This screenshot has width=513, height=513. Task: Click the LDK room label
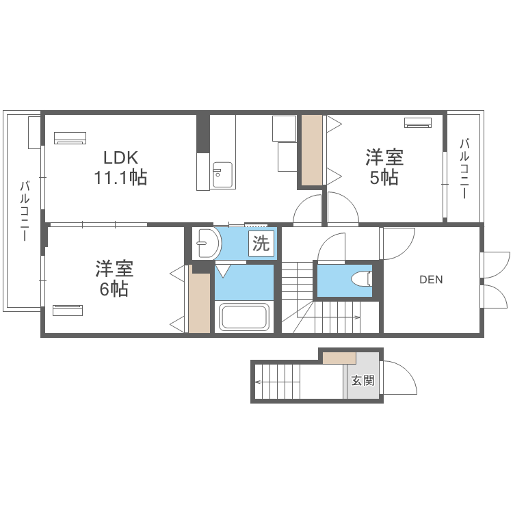pyautogui.click(x=120, y=157)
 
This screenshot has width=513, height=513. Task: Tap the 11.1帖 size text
pyautogui.click(x=120, y=179)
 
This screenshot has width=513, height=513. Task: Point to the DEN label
pyautogui.click(x=431, y=279)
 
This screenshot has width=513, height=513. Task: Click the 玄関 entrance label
pyautogui.click(x=363, y=381)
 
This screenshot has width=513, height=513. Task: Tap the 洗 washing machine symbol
pyautogui.click(x=261, y=244)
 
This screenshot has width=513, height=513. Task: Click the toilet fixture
pyautogui.click(x=360, y=279)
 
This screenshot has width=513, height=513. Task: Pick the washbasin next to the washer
pyautogui.click(x=206, y=242)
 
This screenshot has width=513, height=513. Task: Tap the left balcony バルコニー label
pyautogui.click(x=24, y=211)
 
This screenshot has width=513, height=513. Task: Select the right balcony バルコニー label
pyautogui.click(x=464, y=168)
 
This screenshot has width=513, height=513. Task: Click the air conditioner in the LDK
pyautogui.click(x=69, y=137)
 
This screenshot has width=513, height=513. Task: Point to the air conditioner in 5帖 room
pyautogui.click(x=418, y=122)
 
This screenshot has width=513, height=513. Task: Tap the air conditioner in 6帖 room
pyautogui.click(x=68, y=310)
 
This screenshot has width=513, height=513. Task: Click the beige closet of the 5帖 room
pyautogui.click(x=312, y=150)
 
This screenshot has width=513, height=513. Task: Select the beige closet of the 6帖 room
pyautogui.click(x=200, y=302)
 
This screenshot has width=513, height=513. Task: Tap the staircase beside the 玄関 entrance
pyautogui.click(x=278, y=382)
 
